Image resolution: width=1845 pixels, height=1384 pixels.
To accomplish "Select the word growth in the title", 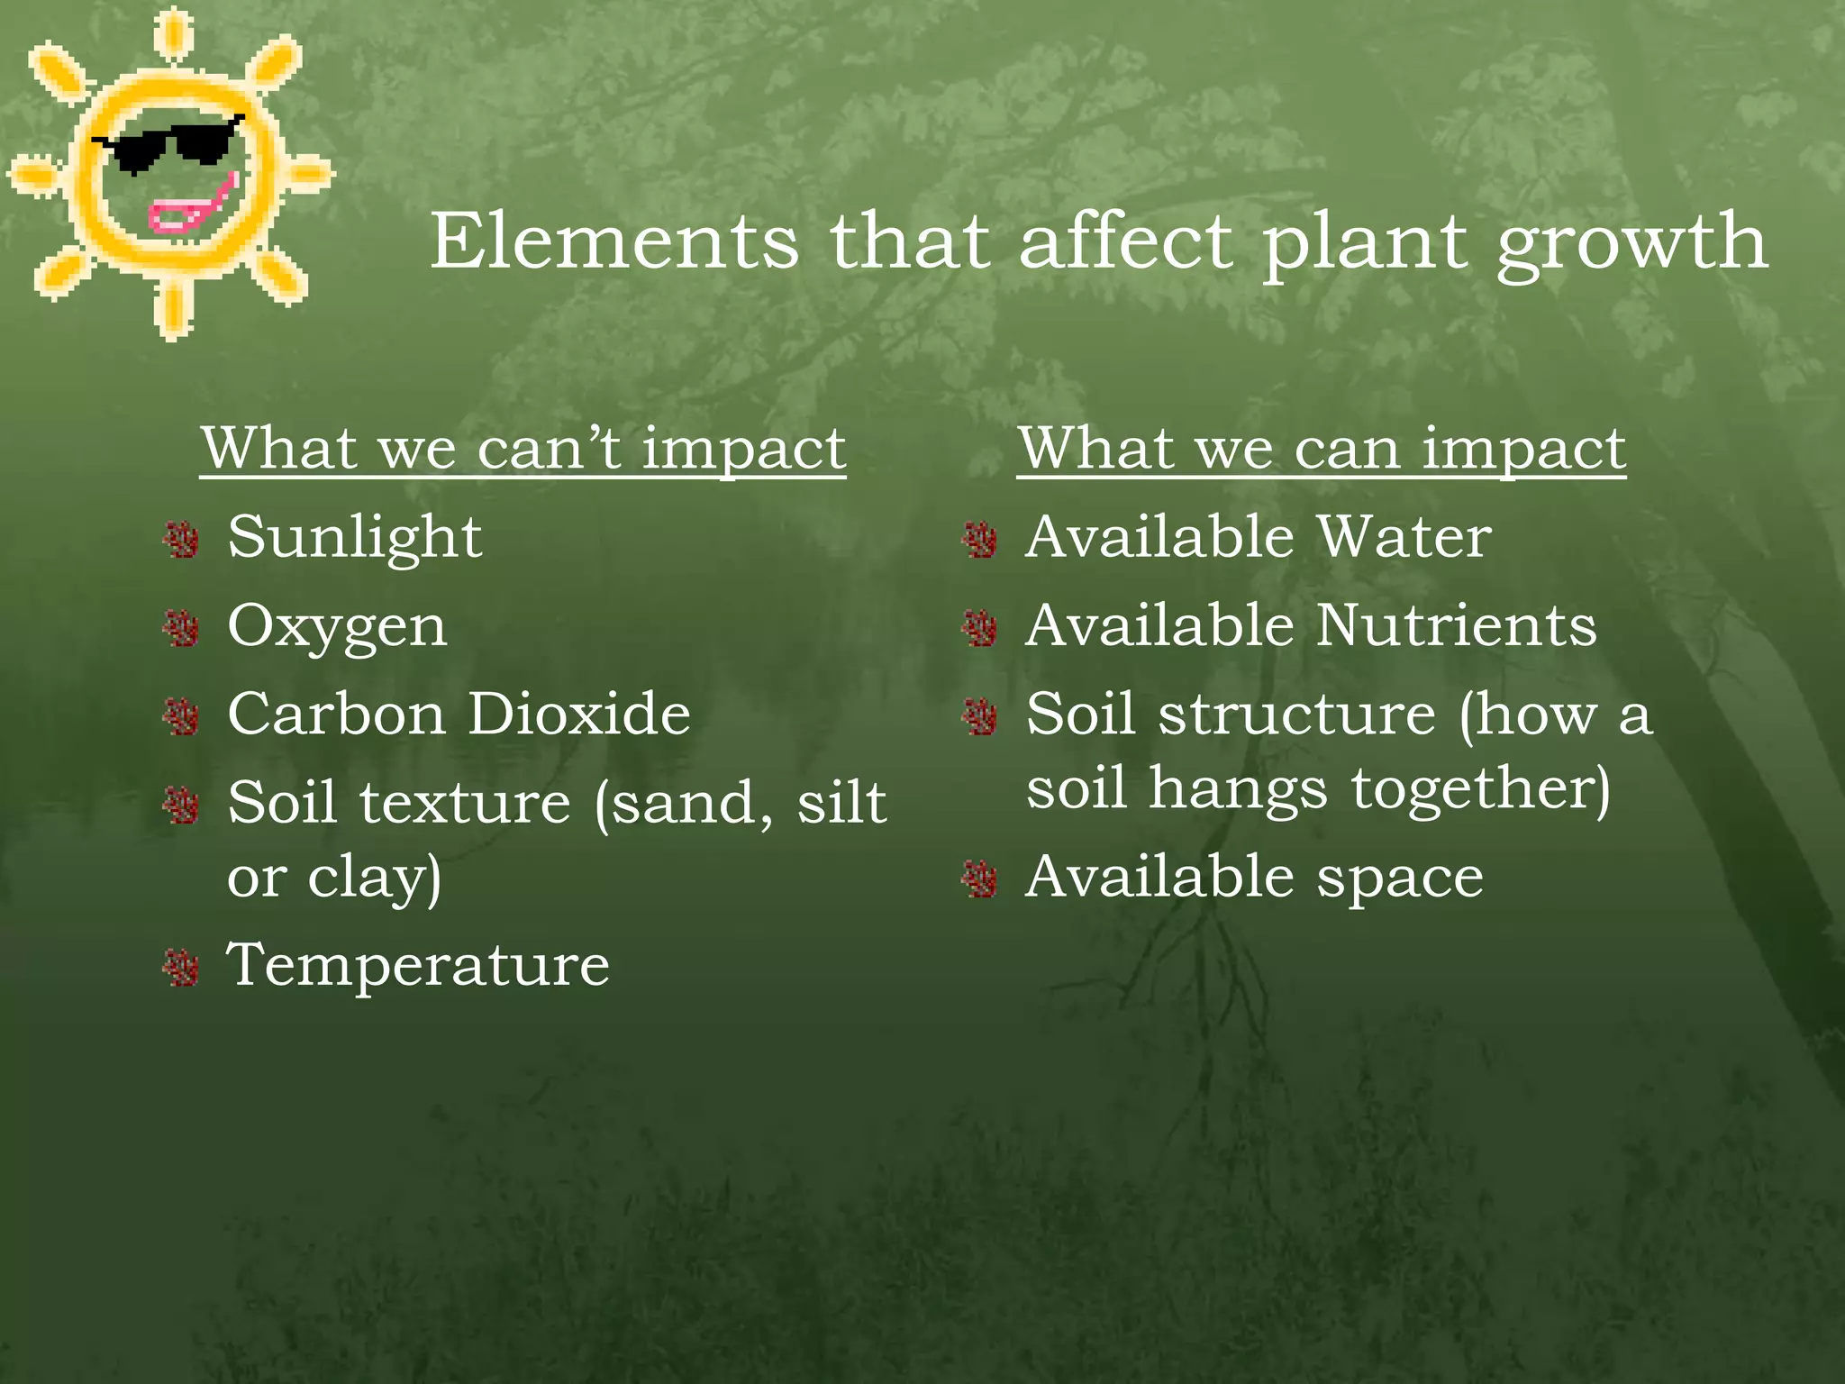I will pyautogui.click(x=1632, y=245).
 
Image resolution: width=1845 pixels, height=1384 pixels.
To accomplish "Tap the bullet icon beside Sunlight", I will pyautogui.click(x=182, y=540).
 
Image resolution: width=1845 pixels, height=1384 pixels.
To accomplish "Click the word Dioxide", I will pyautogui.click(x=579, y=715).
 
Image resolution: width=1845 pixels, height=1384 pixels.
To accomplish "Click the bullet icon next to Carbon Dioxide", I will pyautogui.click(x=182, y=717).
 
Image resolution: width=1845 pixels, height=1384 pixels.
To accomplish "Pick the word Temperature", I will pyautogui.click(x=418, y=965).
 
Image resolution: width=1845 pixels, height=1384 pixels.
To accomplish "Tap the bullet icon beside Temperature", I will pyautogui.click(x=182, y=968).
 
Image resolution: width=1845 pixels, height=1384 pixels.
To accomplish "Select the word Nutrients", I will pyautogui.click(x=1456, y=625).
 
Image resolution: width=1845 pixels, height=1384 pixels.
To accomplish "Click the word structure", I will pyautogui.click(x=1296, y=715).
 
